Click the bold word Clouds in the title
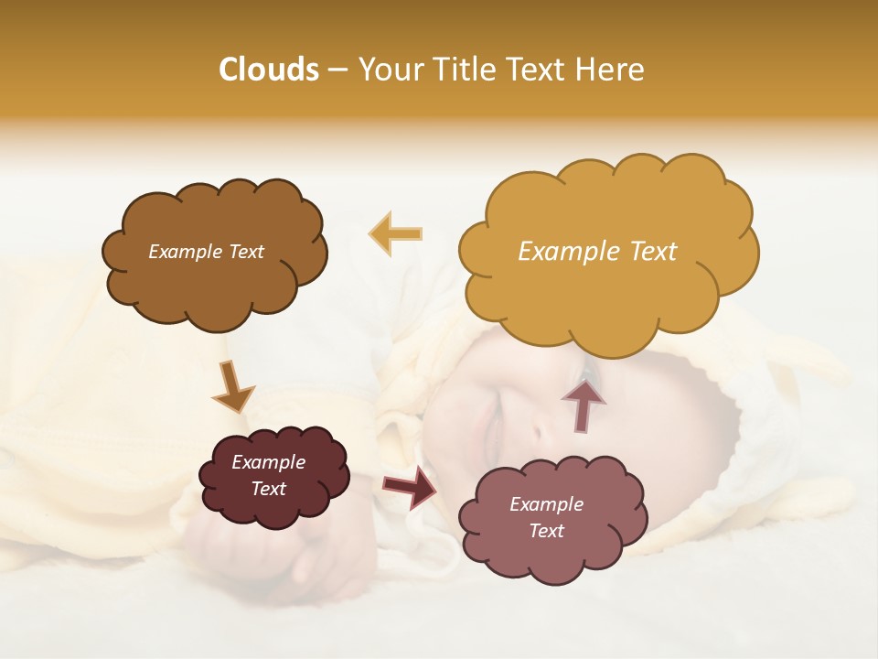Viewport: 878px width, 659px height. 269,70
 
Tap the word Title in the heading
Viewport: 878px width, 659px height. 466,70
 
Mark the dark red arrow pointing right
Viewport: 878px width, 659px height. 409,486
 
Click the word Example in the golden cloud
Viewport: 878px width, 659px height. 561,251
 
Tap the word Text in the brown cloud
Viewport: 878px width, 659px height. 244,252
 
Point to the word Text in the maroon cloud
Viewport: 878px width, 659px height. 269,489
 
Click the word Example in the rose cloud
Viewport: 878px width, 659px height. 546,504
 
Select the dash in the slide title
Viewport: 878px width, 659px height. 337,70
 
